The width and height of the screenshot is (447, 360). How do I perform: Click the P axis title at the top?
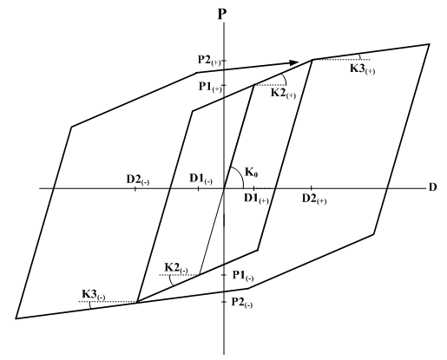click(221, 14)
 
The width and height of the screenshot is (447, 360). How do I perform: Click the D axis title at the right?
click(432, 187)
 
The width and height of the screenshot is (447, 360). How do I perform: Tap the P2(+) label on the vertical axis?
click(209, 61)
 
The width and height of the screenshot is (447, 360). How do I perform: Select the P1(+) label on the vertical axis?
click(210, 87)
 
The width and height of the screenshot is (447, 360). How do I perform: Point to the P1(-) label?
click(243, 276)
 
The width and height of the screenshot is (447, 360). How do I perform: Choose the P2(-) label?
click(242, 303)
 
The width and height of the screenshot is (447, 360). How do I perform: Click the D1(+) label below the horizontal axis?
click(256, 199)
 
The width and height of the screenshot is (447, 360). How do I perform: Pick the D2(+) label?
click(314, 199)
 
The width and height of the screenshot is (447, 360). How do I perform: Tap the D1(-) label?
click(200, 179)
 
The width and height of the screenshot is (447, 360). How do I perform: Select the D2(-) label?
click(138, 180)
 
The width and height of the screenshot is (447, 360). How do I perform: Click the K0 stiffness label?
click(252, 173)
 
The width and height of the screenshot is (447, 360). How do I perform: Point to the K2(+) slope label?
click(283, 94)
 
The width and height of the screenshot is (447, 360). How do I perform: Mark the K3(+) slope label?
click(363, 69)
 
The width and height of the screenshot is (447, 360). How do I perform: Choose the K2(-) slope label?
click(176, 268)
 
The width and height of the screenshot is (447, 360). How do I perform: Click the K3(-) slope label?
click(94, 295)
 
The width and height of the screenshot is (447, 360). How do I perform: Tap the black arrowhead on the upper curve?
click(294, 62)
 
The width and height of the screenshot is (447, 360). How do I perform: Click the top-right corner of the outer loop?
click(429, 44)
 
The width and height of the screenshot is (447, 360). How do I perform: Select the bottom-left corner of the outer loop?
click(16, 318)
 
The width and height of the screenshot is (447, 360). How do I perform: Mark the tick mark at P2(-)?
click(224, 302)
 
